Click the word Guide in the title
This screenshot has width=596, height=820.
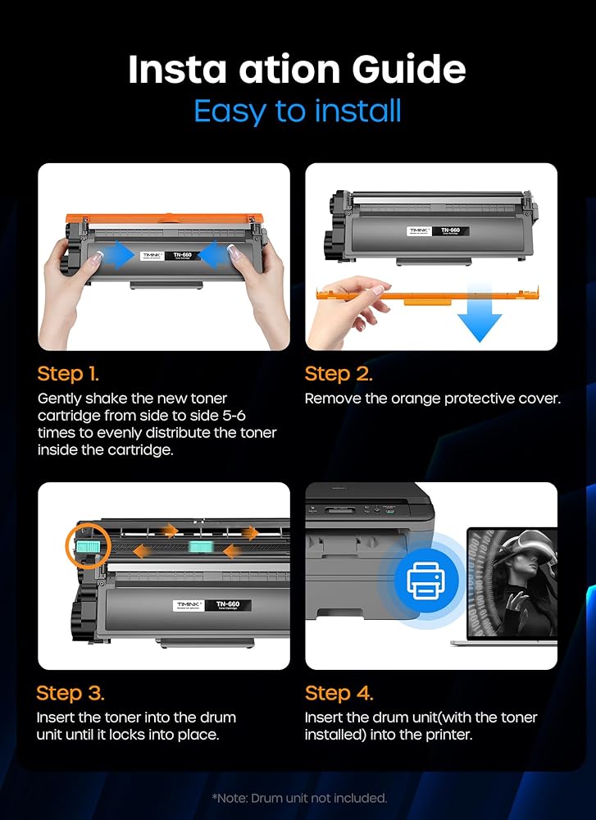tap(408, 70)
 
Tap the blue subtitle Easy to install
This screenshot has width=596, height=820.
tap(298, 111)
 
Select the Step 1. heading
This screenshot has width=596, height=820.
tap(68, 375)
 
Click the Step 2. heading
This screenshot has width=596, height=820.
tap(339, 375)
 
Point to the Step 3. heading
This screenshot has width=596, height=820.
tap(70, 694)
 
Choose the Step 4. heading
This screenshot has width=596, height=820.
tap(339, 694)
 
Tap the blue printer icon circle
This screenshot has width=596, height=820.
tap(425, 580)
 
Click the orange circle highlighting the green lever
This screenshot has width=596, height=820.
tap(88, 545)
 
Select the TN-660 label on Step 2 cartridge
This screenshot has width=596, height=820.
tap(450, 230)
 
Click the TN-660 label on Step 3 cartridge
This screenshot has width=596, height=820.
tap(228, 605)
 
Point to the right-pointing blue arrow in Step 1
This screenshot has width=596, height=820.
tap(121, 255)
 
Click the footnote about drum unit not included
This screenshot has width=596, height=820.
tap(299, 798)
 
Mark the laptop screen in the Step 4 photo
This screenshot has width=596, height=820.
tap(512, 582)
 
